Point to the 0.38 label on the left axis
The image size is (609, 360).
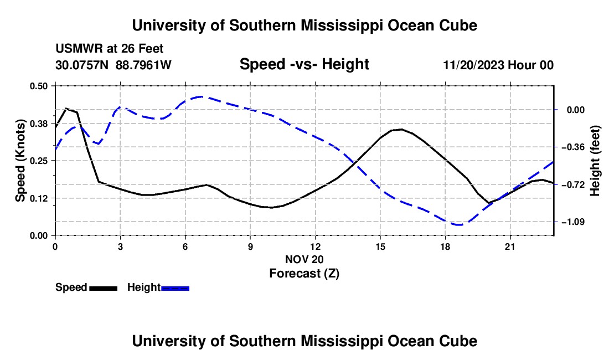[38, 124]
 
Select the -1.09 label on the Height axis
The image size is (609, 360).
[572, 222]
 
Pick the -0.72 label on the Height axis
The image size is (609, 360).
[572, 184]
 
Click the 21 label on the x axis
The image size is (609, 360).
[509, 246]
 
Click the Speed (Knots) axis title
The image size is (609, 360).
[20, 161]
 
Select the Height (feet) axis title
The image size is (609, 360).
[595, 161]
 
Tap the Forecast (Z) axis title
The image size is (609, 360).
[304, 274]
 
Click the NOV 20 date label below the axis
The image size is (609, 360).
[304, 259]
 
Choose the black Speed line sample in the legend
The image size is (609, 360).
[103, 288]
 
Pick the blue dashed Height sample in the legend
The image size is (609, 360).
[175, 288]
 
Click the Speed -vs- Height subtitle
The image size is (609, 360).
[304, 64]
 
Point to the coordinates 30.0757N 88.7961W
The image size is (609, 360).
[113, 65]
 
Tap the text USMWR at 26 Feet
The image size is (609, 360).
[110, 49]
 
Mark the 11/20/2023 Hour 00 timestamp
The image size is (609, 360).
[498, 65]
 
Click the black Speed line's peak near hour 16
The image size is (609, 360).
[401, 129]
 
